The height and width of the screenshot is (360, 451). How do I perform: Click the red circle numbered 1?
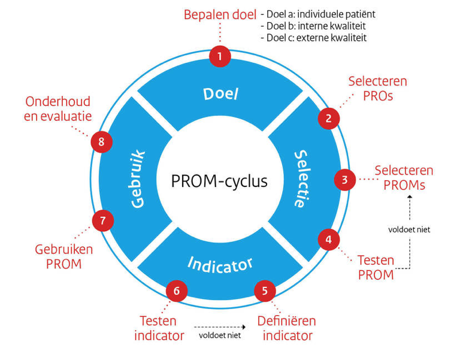click(220, 57)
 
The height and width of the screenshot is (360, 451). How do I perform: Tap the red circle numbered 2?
click(328, 118)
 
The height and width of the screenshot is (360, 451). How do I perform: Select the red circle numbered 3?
click(344, 179)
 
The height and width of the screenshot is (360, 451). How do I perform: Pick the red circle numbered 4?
click(328, 240)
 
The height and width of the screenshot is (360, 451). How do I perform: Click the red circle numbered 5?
click(265, 291)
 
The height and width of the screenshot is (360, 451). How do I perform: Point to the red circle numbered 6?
click(176, 291)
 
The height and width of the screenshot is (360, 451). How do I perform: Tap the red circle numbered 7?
click(102, 220)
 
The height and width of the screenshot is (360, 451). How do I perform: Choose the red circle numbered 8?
click(101, 142)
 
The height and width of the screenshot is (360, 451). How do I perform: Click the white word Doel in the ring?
click(220, 94)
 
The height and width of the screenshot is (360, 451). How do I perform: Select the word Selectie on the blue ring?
click(302, 179)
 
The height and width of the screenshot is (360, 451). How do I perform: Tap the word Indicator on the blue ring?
click(220, 263)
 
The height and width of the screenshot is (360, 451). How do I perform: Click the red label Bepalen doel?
click(220, 14)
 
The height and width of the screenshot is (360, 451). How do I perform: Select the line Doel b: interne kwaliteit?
click(313, 26)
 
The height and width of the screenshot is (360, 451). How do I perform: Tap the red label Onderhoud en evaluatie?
click(57, 109)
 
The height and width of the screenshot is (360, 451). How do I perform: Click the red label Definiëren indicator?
click(286, 328)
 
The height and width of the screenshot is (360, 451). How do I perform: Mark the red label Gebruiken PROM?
click(58, 256)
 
